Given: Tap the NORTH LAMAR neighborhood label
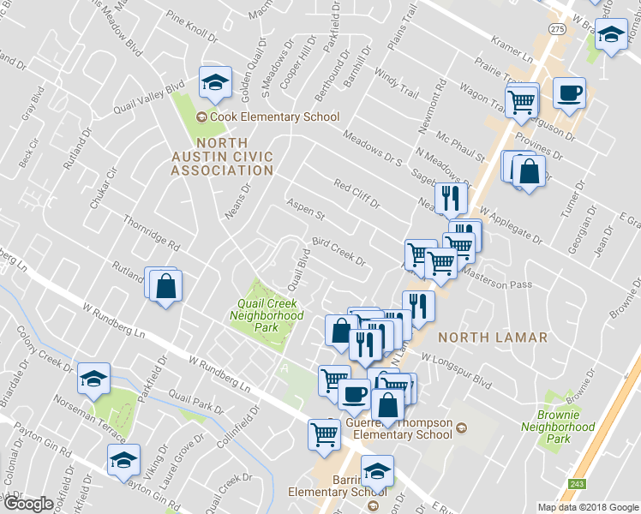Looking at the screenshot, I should [x=492, y=338].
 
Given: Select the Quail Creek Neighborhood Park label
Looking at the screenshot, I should [x=267, y=315].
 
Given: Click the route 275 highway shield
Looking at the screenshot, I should [x=558, y=29].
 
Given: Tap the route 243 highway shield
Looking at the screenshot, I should [x=577, y=484].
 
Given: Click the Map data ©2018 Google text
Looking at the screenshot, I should [x=587, y=507].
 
